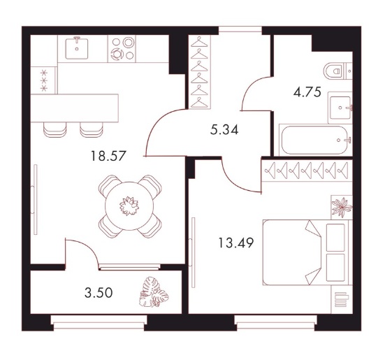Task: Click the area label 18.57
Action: pyautogui.click(x=108, y=156)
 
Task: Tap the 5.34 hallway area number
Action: pyautogui.click(x=224, y=130)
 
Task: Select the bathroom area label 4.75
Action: pyautogui.click(x=307, y=92)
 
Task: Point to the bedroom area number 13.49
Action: pyautogui.click(x=235, y=243)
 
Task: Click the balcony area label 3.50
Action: pyautogui.click(x=99, y=293)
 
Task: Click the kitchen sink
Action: pyautogui.click(x=77, y=48)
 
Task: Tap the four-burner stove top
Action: pyautogui.click(x=122, y=49)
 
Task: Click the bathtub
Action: pyautogui.click(x=316, y=140)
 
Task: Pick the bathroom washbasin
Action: pyautogui.click(x=340, y=108)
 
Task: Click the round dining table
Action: pyautogui.click(x=129, y=206)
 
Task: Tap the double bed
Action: pyautogui.click(x=305, y=252)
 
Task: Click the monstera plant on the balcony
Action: pyautogui.click(x=154, y=292)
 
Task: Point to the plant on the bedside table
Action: pyautogui.click(x=342, y=208)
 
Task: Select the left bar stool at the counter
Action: pyautogui.click(x=55, y=130)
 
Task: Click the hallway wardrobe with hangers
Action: pyautogui.click(x=199, y=72)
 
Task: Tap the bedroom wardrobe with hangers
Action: pyautogui.click(x=307, y=171)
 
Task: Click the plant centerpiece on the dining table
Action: pyautogui.click(x=129, y=206)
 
